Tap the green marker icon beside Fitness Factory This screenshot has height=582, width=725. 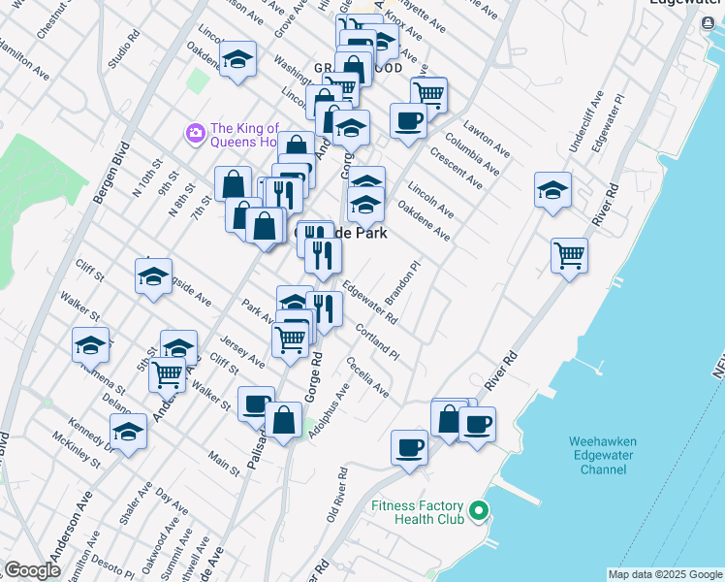(478, 510)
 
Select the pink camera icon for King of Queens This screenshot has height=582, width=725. (195, 132)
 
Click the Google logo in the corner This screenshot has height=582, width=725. (32, 570)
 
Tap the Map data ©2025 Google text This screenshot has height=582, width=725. (665, 574)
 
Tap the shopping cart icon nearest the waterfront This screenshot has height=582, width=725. (569, 256)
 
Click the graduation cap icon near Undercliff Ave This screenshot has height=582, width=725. (552, 190)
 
